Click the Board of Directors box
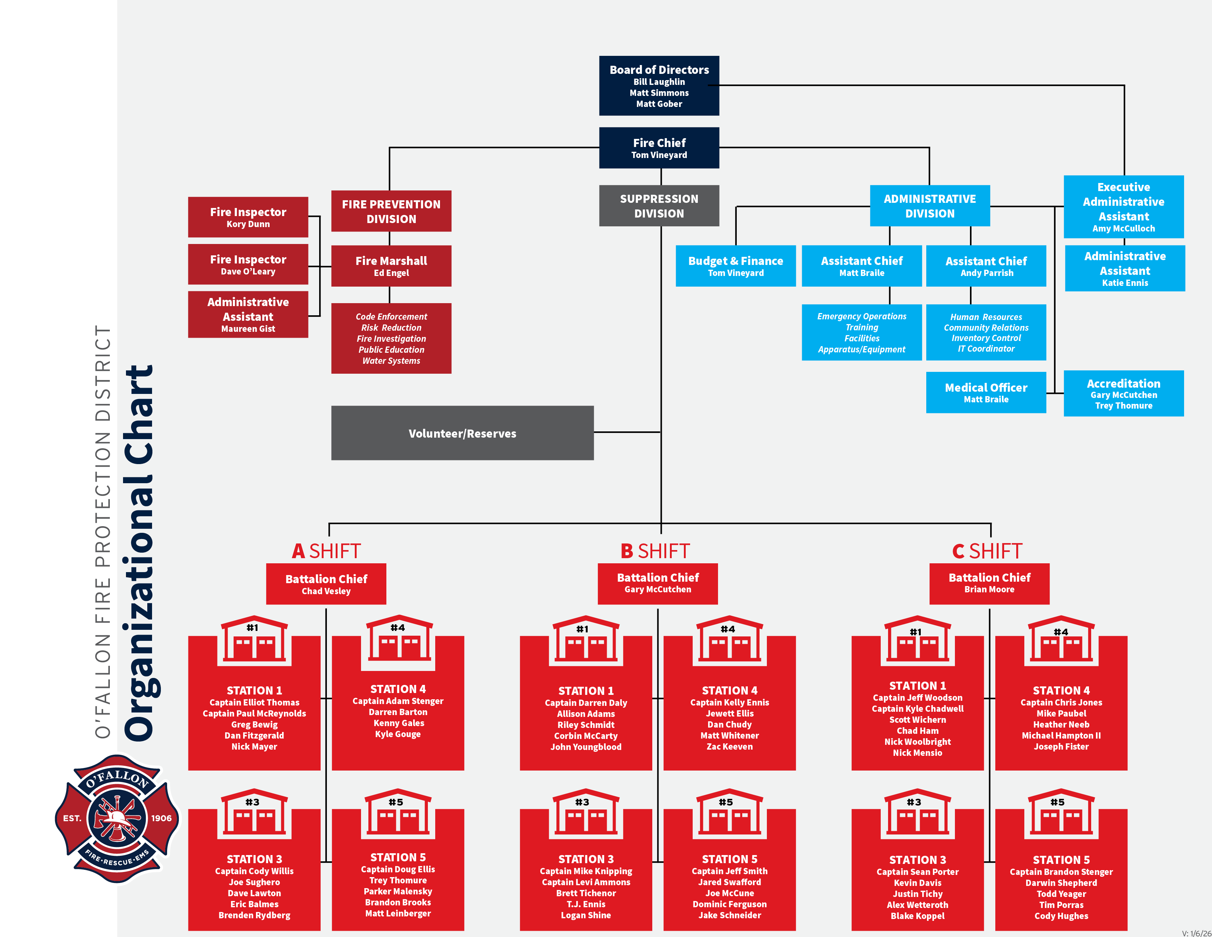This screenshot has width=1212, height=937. point(659,86)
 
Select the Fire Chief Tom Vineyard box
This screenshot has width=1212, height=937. point(659,148)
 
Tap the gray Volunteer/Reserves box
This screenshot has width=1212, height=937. point(462,433)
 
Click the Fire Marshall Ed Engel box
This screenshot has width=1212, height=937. point(391,266)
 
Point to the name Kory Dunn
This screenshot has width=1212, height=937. point(248,224)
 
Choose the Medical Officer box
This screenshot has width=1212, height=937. point(986,392)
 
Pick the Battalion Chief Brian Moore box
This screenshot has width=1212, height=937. point(989,584)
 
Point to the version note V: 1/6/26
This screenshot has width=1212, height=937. point(1196,933)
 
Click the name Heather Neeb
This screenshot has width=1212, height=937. point(1061,724)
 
